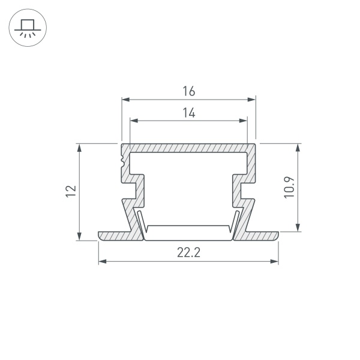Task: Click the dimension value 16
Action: pos(188,91)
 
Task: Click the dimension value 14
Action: pos(188,113)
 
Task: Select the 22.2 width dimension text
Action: pos(188,253)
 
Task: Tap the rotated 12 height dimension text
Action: pos(71,191)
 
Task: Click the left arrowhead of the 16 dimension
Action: pos(125,99)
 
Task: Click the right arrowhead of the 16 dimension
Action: pos(253,99)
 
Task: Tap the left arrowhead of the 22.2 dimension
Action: pos(101,261)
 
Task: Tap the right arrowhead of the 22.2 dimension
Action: pos(276,261)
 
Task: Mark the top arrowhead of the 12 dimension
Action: pos(79,147)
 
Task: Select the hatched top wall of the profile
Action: pos(188,148)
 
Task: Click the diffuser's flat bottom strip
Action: pos(188,227)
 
